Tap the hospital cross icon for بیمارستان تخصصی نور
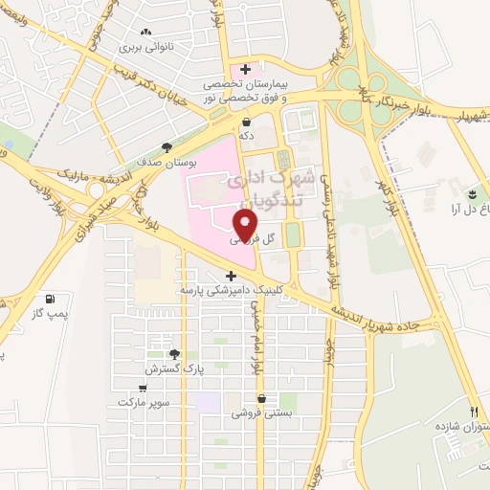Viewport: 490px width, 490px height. coord(247,69)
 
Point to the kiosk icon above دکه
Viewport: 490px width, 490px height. coord(247,122)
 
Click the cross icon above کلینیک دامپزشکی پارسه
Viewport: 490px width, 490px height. coord(230,276)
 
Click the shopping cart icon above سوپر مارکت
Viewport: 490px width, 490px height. coord(144,388)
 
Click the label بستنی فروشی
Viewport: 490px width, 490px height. coord(253,413)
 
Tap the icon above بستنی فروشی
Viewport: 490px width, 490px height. coord(260,398)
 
